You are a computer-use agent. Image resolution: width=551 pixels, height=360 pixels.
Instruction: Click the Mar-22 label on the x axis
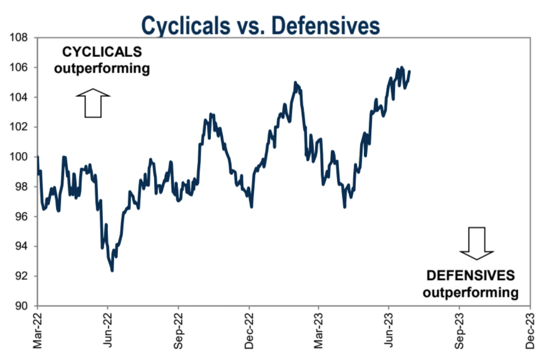(38, 331)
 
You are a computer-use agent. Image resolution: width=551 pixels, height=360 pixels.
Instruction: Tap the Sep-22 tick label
(179, 331)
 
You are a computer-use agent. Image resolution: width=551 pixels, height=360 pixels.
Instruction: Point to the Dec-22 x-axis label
(250, 331)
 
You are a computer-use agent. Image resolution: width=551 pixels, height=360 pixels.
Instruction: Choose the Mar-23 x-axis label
(319, 331)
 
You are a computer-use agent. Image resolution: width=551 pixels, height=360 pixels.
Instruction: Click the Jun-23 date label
(390, 331)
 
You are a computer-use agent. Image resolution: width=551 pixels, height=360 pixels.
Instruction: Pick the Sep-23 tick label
(460, 331)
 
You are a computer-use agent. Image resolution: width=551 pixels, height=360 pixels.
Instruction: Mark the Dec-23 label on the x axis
(530, 331)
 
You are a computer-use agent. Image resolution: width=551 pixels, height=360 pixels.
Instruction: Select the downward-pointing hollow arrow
(477, 243)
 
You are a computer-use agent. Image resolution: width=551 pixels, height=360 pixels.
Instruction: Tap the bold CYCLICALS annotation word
(102, 52)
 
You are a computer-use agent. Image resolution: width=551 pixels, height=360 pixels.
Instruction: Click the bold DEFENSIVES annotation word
(471, 276)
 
